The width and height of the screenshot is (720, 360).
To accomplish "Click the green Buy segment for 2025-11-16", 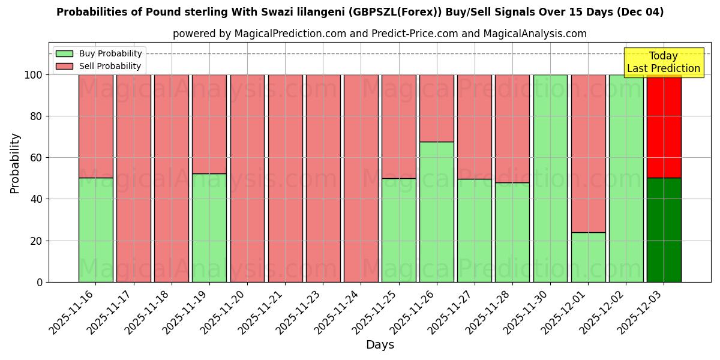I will pyautogui.click(x=95, y=230).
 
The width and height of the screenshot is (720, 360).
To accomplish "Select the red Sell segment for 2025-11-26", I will pyautogui.click(x=436, y=108).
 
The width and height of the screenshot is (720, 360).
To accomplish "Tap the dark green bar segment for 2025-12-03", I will pyautogui.click(x=664, y=230).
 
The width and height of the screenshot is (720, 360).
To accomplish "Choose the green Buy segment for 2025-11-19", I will pyautogui.click(x=209, y=228).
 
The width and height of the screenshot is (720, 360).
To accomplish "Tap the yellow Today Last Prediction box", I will pyautogui.click(x=663, y=62).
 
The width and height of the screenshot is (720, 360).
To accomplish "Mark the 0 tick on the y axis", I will pyautogui.click(x=40, y=282).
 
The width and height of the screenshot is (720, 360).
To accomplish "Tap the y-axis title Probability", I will pyautogui.click(x=15, y=163).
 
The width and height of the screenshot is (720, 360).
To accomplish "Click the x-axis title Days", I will pyautogui.click(x=380, y=345).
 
